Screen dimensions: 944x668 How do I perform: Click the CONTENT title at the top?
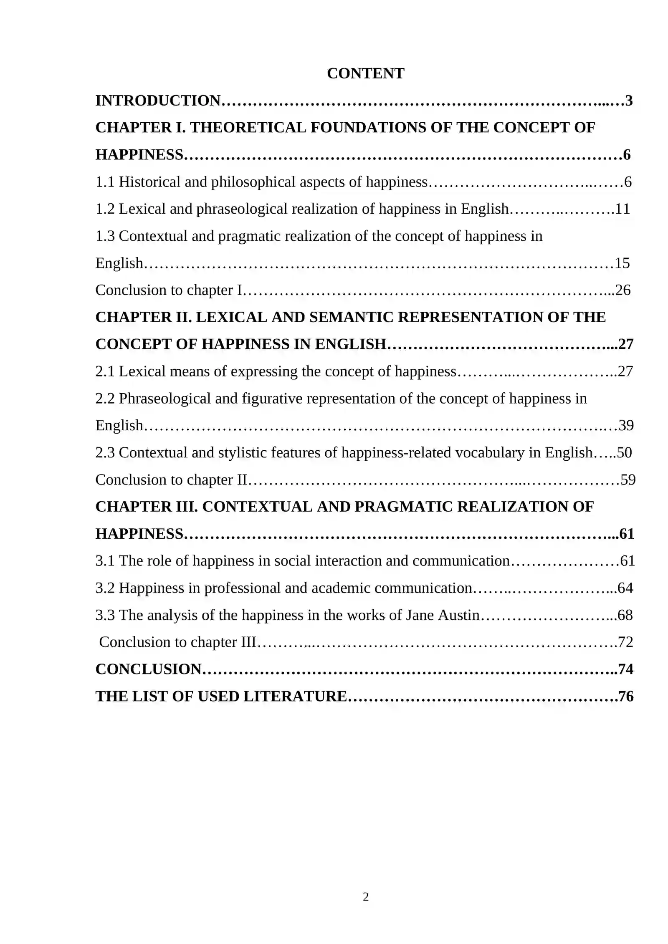[x=365, y=73]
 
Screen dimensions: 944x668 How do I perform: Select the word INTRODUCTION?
[x=158, y=101]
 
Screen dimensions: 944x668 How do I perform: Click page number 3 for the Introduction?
[x=629, y=101]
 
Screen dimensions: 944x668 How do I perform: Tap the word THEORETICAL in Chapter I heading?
[x=248, y=128]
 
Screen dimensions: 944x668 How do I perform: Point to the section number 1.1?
[x=105, y=182]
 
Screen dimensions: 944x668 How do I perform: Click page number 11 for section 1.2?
[x=622, y=209]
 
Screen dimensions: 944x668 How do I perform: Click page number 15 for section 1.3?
[x=622, y=263]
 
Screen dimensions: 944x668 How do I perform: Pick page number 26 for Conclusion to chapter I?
[x=623, y=290]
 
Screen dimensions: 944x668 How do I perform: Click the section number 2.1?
[x=105, y=371]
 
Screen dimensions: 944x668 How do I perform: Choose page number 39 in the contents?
[x=626, y=425]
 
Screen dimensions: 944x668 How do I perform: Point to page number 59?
[x=628, y=480]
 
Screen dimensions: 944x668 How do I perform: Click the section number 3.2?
[x=105, y=588]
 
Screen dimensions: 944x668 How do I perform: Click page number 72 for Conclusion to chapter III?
[x=625, y=642]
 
